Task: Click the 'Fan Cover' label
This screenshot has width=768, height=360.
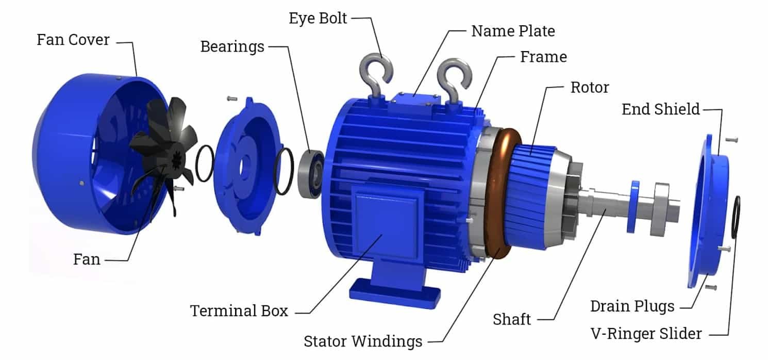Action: [73, 40]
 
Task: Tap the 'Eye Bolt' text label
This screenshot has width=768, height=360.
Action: [318, 19]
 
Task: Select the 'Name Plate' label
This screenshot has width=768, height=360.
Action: [513, 31]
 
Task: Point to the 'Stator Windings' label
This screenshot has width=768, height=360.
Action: [363, 341]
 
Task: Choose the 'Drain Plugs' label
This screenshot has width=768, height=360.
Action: [632, 306]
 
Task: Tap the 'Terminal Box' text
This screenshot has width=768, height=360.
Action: [239, 310]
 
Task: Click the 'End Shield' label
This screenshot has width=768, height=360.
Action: [660, 109]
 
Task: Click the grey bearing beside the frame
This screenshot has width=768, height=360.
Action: [311, 172]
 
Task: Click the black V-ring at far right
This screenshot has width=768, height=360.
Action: [736, 217]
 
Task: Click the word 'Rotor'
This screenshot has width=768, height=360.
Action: [589, 87]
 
